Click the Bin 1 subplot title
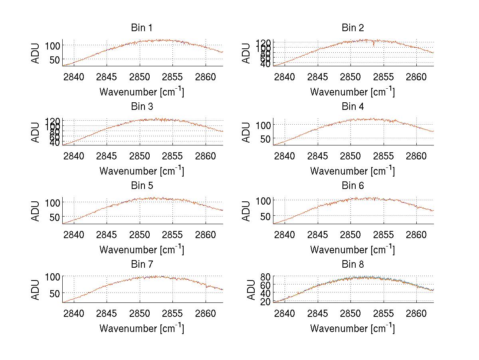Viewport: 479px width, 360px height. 142,28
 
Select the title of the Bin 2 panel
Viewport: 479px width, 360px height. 353,28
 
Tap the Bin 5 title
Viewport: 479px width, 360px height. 142,186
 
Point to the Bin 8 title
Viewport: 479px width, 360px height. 353,265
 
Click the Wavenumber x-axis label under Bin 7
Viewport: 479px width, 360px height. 142,328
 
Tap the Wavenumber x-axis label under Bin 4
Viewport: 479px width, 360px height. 352,171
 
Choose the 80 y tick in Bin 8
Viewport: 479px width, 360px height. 266,276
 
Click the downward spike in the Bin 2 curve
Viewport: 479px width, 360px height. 374,44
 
